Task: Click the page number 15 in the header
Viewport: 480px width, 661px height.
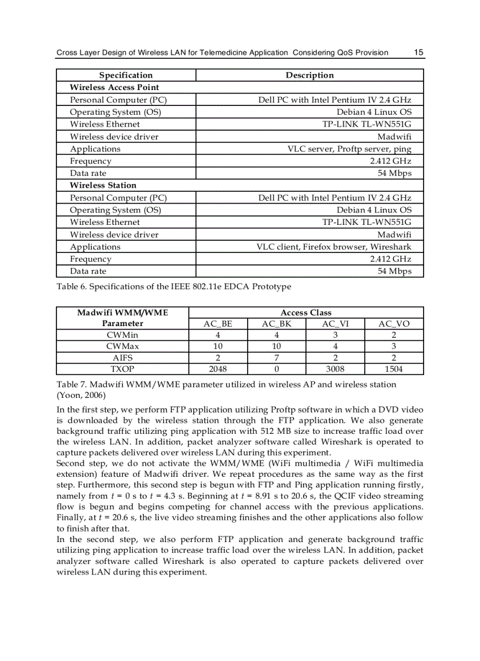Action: tap(418, 52)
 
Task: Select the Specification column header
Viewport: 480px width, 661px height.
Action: tap(126, 75)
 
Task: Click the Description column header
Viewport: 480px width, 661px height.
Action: tap(309, 75)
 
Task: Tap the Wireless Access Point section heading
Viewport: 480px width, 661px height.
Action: tap(114, 87)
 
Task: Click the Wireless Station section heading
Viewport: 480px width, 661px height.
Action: tap(103, 185)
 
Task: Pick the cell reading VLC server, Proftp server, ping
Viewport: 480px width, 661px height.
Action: tap(349, 149)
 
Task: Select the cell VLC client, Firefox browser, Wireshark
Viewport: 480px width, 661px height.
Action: tap(334, 247)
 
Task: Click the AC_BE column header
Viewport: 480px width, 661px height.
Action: tap(218, 324)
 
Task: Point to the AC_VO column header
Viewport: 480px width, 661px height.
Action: tap(394, 324)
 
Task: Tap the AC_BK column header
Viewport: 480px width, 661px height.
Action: tap(276, 324)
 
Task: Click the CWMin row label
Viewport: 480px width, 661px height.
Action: tap(122, 336)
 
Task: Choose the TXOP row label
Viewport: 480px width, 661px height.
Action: tap(122, 370)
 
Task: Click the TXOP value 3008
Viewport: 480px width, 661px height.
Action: tap(335, 370)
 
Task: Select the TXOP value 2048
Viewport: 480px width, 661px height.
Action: tap(218, 370)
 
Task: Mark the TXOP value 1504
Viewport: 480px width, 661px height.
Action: tap(394, 370)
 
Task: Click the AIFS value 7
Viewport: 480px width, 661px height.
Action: tap(276, 358)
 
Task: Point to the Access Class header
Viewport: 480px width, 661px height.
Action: tap(306, 313)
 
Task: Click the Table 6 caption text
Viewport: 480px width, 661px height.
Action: tap(174, 287)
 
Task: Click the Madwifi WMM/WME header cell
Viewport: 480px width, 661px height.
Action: tap(122, 318)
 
